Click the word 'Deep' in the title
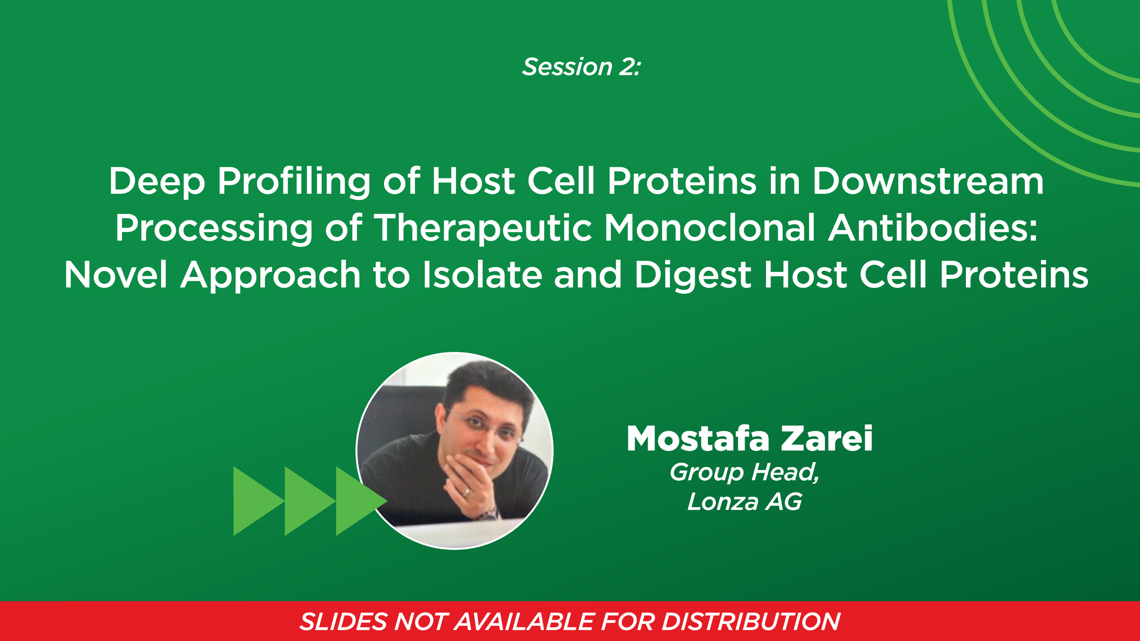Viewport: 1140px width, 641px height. [157, 181]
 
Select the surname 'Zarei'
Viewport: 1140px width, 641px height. [826, 438]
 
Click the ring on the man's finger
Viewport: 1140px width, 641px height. [466, 491]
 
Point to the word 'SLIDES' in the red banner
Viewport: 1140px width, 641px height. [343, 622]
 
